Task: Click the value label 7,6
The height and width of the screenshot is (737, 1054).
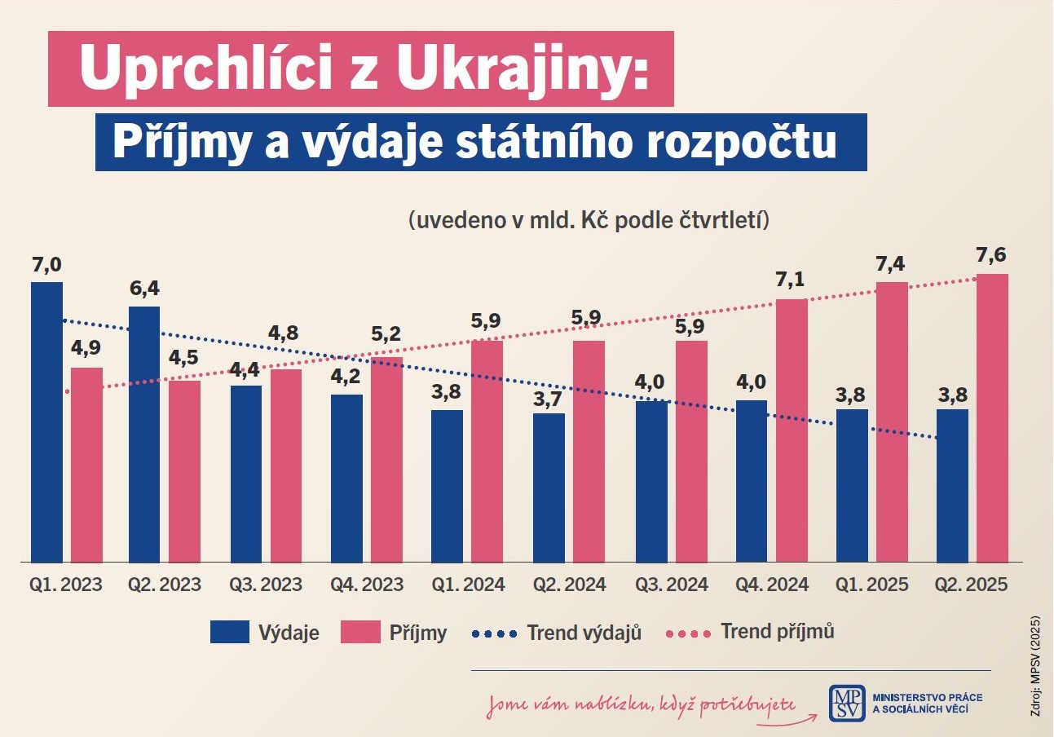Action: point(991,255)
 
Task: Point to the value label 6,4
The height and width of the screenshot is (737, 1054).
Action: point(143,289)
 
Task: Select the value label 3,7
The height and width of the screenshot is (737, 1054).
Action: point(549,397)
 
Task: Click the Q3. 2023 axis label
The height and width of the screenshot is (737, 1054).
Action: point(266,585)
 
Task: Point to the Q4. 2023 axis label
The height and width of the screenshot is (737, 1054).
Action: point(367,585)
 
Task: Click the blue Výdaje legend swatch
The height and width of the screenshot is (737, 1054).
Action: point(229,632)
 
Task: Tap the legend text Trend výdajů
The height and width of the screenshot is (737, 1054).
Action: point(584,633)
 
